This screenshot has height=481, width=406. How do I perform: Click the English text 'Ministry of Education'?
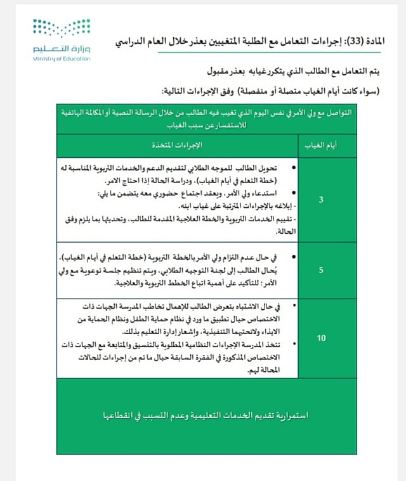[x=61, y=59]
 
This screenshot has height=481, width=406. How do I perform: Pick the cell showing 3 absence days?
[x=321, y=200]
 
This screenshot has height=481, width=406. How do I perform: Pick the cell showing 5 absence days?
[x=321, y=269]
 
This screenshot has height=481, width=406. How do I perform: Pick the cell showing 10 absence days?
[x=321, y=338]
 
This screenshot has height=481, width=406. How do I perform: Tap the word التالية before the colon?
[x=178, y=89]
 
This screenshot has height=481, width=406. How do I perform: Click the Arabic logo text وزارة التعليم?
[x=62, y=49]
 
